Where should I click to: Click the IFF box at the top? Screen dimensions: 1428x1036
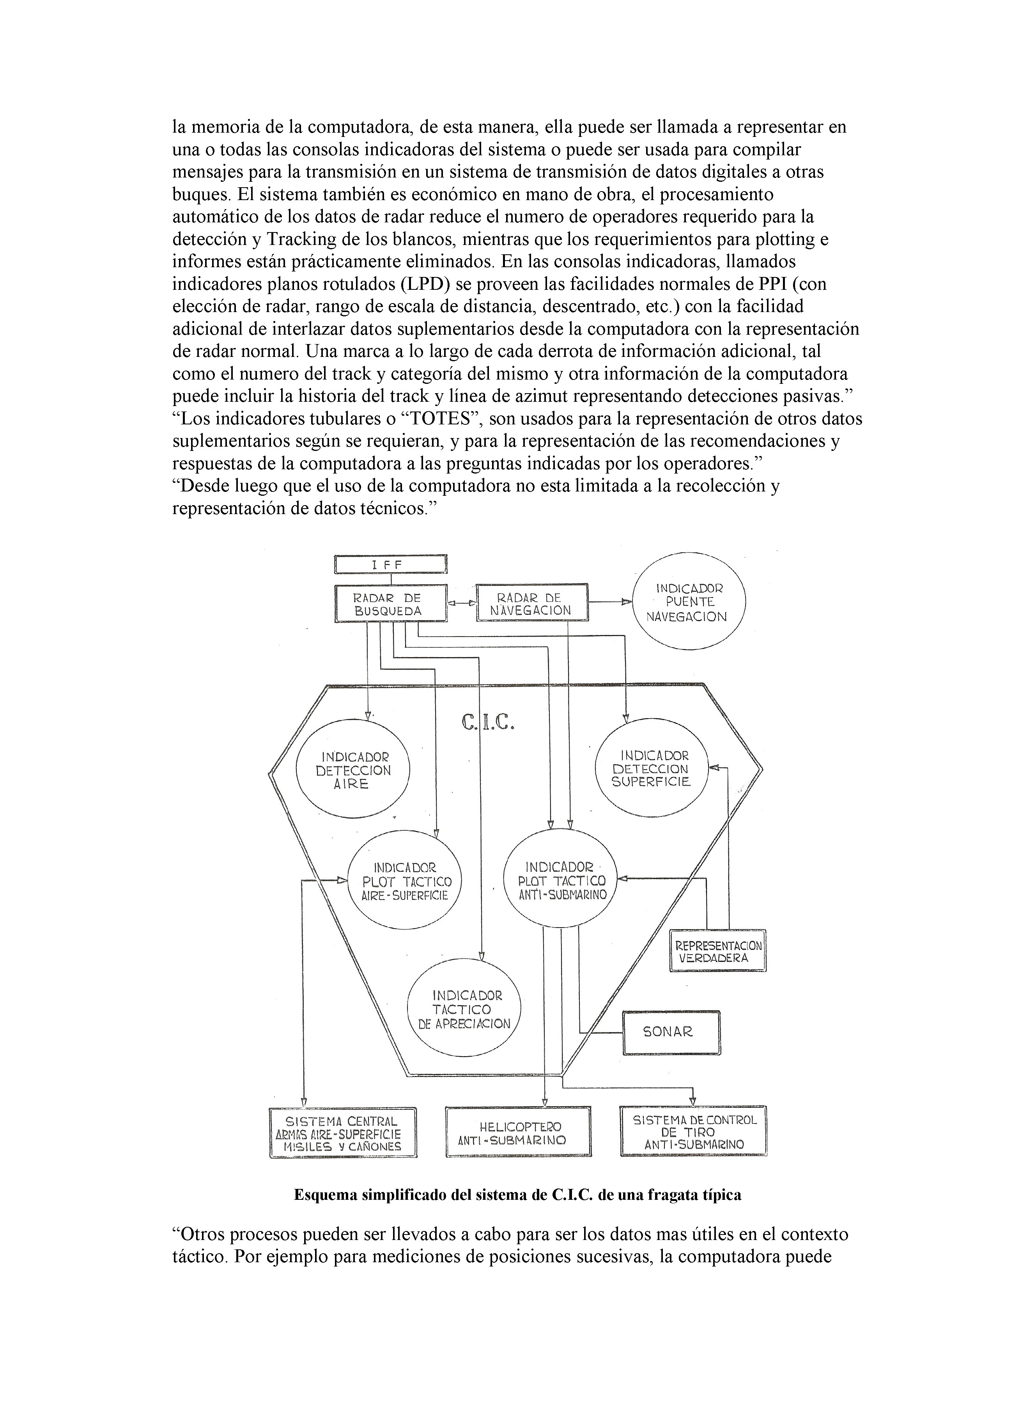[390, 564]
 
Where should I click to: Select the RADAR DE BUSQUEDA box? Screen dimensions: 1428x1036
[390, 604]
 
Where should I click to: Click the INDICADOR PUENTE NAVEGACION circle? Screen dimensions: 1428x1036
[689, 603]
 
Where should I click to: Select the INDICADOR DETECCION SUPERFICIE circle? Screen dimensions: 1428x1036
[652, 768]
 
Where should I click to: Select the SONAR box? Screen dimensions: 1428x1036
[671, 1032]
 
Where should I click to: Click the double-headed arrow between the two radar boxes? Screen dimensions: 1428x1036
[461, 603]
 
